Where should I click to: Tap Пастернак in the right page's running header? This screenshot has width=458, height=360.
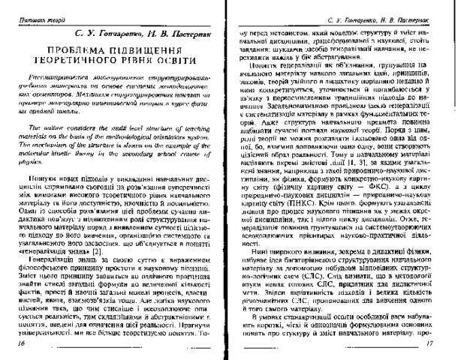417,15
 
